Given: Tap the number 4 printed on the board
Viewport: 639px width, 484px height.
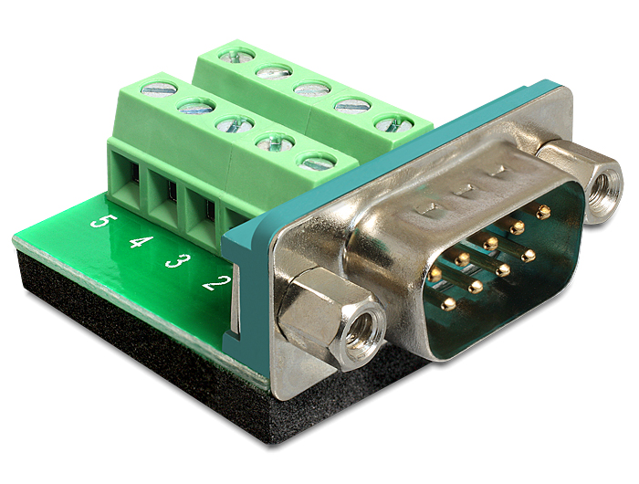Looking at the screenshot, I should pos(140,242).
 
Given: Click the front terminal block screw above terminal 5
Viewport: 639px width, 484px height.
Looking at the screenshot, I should pos(160,89).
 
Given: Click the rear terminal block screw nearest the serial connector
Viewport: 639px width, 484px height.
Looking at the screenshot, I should pos(393,123).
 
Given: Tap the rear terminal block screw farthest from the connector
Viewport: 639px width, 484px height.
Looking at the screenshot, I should pos(236,56).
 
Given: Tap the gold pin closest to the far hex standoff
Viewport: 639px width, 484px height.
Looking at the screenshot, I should pos(543,212).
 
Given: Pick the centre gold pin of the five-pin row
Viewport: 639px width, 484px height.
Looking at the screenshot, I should pos(491,244).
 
